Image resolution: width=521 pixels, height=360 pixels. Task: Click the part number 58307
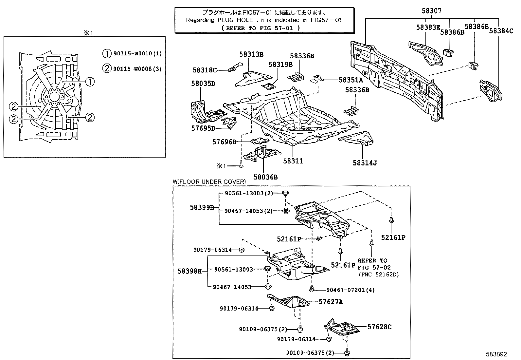(x=431, y=11)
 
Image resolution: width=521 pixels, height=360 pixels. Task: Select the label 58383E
(x=428, y=28)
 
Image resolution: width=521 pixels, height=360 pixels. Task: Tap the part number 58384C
(x=501, y=31)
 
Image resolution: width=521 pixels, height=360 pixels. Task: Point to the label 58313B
(x=251, y=54)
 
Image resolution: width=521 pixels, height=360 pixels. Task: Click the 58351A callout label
(x=350, y=80)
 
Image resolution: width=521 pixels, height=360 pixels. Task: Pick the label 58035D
(x=203, y=83)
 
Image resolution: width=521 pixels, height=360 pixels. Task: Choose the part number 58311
(x=293, y=161)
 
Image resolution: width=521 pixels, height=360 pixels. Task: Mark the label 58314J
(x=365, y=163)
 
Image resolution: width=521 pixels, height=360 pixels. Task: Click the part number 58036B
(x=265, y=177)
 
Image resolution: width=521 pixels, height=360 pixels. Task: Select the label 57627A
(x=331, y=302)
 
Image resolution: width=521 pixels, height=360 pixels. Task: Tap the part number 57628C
(x=379, y=327)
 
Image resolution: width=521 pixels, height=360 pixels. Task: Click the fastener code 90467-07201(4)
(x=350, y=290)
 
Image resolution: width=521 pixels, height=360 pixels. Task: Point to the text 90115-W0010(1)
(x=137, y=53)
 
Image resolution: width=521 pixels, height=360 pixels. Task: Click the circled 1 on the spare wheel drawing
(x=90, y=82)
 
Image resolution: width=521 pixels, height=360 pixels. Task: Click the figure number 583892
(x=496, y=354)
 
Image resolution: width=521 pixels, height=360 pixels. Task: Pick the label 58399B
(x=202, y=207)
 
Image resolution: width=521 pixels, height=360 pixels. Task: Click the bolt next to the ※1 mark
(x=241, y=164)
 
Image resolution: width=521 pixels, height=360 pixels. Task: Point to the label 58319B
(x=280, y=64)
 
